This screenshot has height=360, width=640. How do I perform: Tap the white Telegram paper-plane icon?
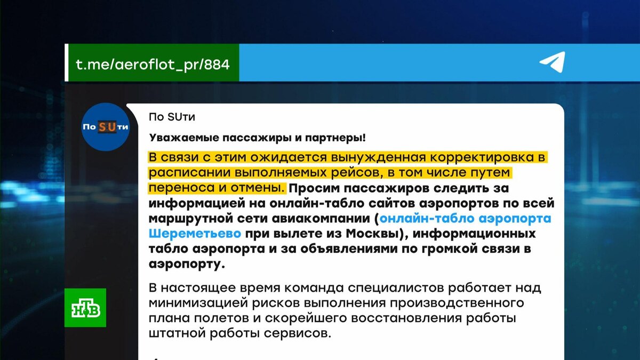click(552, 63)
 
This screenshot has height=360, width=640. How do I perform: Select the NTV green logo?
click(85, 308)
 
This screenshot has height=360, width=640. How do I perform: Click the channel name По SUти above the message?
click(169, 116)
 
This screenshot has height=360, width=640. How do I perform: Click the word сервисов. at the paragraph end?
click(299, 334)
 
